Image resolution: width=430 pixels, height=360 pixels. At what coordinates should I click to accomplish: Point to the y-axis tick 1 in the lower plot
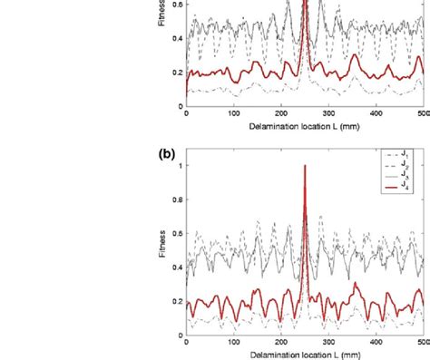tap(180, 166)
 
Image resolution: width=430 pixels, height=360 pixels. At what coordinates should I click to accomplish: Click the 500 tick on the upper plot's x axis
tap(422, 114)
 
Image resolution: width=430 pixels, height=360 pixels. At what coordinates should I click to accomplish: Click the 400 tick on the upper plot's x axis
tap(376, 114)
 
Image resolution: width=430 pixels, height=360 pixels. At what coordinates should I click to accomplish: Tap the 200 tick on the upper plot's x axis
tap(280, 114)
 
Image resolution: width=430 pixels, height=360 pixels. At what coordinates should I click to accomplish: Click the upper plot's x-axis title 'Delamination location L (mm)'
tap(304, 126)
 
